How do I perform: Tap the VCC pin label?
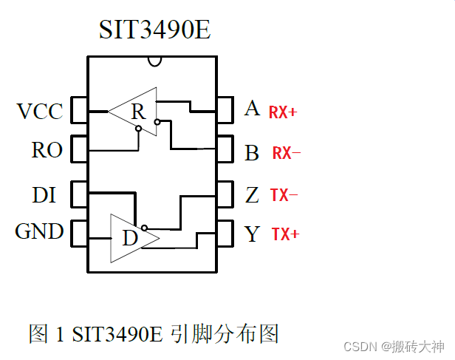(40, 112)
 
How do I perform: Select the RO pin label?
(47, 151)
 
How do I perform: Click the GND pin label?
(39, 232)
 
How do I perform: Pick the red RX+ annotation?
(283, 112)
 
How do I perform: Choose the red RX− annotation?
(287, 154)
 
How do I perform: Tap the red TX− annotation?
(283, 196)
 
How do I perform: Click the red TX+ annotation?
(285, 235)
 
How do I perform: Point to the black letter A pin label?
(252, 109)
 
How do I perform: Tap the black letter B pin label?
(252, 153)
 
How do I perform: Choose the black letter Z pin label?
(252, 195)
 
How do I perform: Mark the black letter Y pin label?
(252, 234)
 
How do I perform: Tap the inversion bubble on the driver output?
(145, 228)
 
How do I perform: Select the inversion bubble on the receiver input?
(139, 129)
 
